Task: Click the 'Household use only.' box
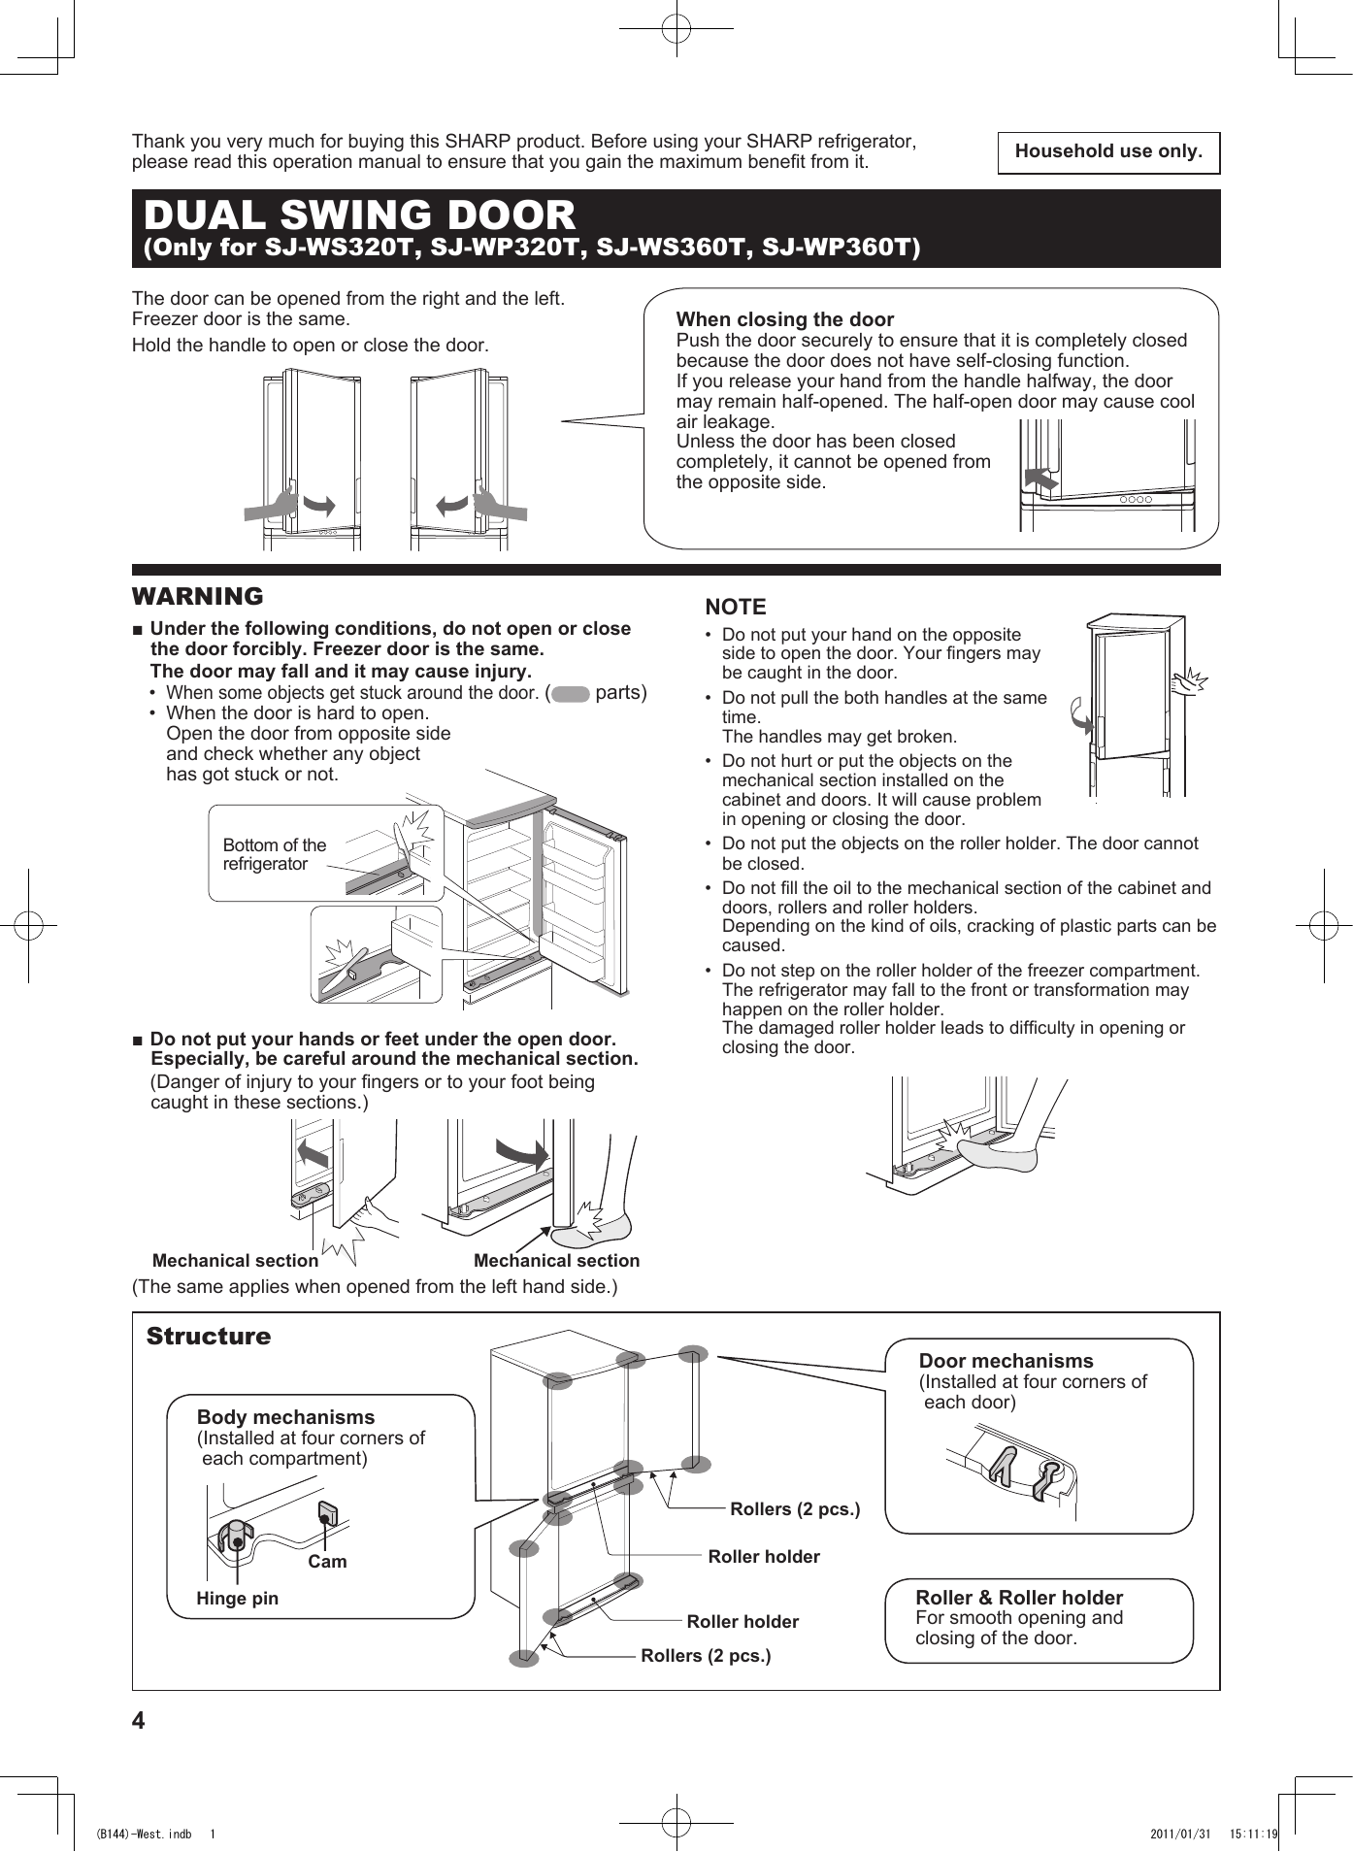[x=1108, y=152]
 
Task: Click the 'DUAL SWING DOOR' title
[x=359, y=215]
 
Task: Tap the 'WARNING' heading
[x=198, y=596]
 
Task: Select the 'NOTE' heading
[x=735, y=608]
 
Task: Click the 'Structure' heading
[x=209, y=1337]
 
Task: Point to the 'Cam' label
[x=327, y=1562]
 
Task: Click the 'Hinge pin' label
[x=237, y=1599]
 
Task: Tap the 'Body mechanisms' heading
[x=285, y=1417]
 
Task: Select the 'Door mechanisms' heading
[x=1006, y=1361]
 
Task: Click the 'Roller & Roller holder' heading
[x=1019, y=1598]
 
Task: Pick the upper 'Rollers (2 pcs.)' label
[x=795, y=1509]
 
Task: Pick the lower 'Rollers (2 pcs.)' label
[x=706, y=1656]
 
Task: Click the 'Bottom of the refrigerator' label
[x=275, y=854]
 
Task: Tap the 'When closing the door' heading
[x=784, y=319]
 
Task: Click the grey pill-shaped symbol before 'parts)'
[x=571, y=694]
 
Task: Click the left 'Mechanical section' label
[x=235, y=1261]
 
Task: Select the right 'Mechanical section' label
[x=556, y=1261]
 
